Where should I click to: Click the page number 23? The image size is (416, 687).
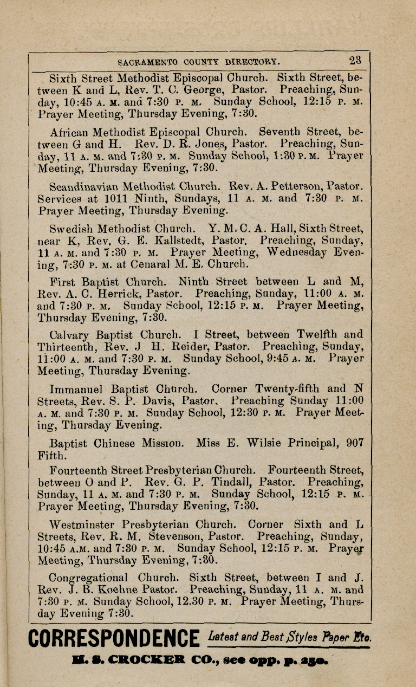pos(355,60)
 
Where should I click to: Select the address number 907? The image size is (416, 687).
pos(355,443)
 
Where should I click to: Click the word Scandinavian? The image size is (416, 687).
pos(84,186)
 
